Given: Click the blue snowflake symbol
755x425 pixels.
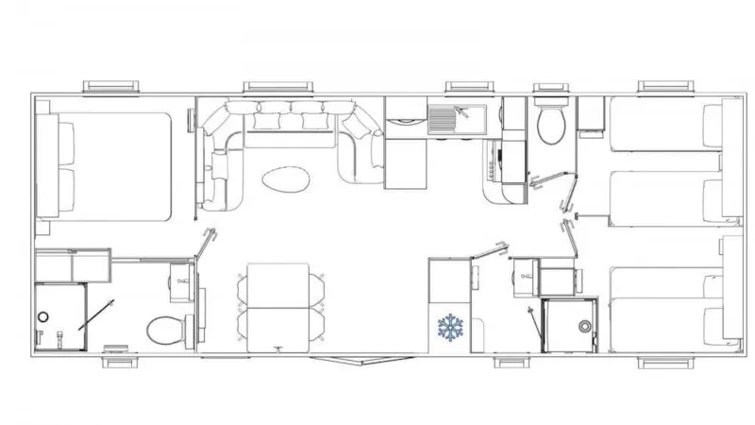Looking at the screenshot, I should pos(450,327).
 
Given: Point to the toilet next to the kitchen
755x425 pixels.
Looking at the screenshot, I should pos(548,124).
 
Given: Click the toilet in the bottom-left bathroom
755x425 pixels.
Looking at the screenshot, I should pos(166,331).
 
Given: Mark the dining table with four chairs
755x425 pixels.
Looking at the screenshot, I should pos(279,308).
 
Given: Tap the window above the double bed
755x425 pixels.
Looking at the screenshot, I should pos(111,87).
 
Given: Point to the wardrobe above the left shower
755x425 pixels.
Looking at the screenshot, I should pos(74,265).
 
